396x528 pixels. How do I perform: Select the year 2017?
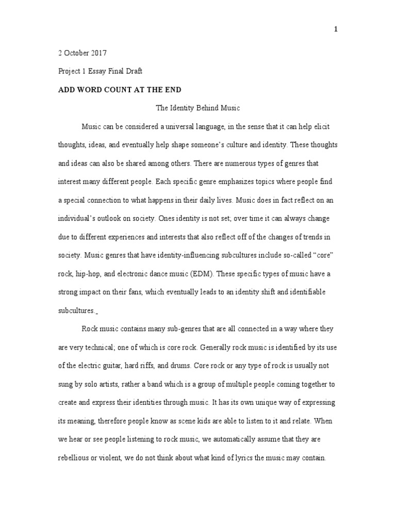pyautogui.click(x=99, y=53)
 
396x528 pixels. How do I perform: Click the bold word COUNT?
pyautogui.click(x=117, y=90)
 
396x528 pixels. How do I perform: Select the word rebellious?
pyautogui.click(x=76, y=457)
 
